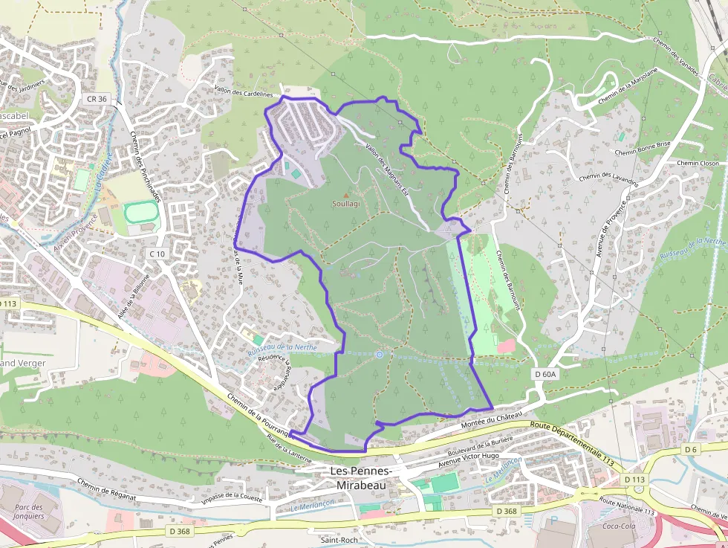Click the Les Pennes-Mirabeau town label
coord(361,477)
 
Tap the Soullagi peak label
coord(345,203)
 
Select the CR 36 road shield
coord(97,98)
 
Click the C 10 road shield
coord(157,254)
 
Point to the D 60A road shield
coord(545,375)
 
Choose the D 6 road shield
coord(691,449)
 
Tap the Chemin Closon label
coord(698,163)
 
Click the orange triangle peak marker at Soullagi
coord(345,195)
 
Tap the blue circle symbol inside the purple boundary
coord(380,355)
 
